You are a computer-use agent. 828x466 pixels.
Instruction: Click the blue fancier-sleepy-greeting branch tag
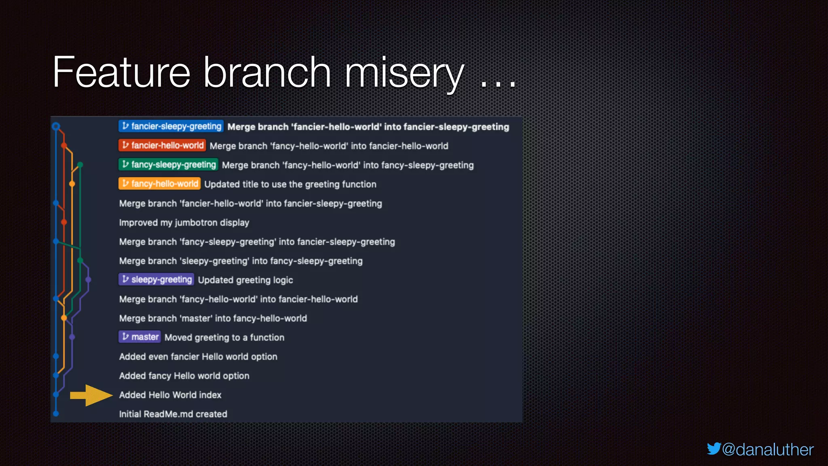[171, 126]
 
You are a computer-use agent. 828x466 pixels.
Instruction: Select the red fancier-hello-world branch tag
[162, 145]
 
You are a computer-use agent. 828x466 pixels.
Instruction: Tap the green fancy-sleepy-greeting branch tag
[168, 165]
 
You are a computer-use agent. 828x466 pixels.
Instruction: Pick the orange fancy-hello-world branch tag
[159, 184]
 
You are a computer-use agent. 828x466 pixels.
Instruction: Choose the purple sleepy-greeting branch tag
[156, 280]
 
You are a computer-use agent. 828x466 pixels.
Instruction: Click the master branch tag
[139, 337]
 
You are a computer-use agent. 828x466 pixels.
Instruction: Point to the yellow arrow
[91, 395]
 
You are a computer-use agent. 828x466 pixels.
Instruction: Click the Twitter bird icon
[714, 449]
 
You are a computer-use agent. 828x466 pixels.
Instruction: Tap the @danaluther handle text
[767, 450]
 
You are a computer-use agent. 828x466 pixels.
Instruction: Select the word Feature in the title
[121, 73]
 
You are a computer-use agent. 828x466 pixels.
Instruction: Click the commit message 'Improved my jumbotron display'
[184, 222]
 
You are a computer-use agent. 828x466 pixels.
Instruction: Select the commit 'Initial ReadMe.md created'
[173, 414]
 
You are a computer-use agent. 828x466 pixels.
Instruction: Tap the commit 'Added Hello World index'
[170, 395]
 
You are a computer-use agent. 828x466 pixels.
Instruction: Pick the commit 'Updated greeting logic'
[245, 280]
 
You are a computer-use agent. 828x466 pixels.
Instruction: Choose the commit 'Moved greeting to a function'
[224, 337]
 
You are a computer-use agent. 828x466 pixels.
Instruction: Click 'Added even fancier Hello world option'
[198, 356]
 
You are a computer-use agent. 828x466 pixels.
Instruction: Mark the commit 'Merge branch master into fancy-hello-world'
[213, 318]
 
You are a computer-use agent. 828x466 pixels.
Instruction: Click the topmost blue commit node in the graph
[56, 126]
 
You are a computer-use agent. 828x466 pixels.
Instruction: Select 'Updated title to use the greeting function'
[290, 184]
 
